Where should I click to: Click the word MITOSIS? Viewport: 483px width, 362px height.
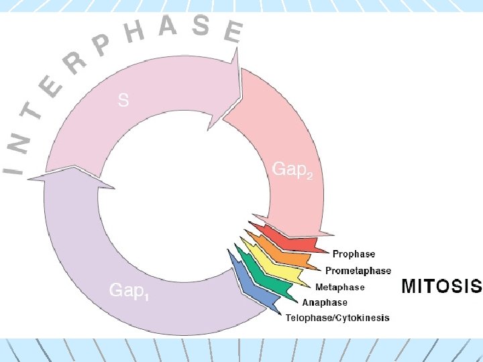[x=441, y=286]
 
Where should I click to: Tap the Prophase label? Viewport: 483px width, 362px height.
[x=354, y=254]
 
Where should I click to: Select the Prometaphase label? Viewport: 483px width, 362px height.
[x=358, y=271]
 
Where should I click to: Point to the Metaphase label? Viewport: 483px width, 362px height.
[x=339, y=287]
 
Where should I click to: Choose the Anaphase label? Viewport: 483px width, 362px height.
[x=325, y=302]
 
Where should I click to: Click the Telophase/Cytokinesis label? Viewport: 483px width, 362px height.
[x=337, y=318]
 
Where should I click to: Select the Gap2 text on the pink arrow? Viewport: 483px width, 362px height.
[x=292, y=170]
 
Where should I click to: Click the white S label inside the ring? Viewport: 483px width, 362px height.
[x=123, y=101]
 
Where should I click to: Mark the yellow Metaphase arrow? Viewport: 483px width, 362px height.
[x=278, y=268]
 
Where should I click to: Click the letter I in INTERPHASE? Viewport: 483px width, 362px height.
[x=11, y=163]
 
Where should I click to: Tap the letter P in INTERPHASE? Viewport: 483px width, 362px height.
[x=103, y=45]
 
